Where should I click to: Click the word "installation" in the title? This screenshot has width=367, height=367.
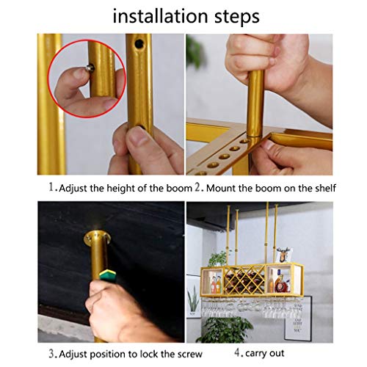[x=160, y=16]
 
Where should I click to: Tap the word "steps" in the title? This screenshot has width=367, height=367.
[x=237, y=17]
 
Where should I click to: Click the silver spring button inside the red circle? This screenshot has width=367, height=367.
[x=90, y=68]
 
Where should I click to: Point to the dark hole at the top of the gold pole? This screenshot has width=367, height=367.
[x=139, y=43]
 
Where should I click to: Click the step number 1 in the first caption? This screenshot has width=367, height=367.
[x=51, y=187]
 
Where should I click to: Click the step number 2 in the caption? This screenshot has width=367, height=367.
[x=198, y=187]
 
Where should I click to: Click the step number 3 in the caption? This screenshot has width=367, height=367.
[x=51, y=354]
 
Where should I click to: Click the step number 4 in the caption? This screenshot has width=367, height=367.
[x=237, y=352]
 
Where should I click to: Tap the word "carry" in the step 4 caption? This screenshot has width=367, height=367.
[x=256, y=354]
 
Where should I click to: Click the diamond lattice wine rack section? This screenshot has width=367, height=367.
[x=244, y=280]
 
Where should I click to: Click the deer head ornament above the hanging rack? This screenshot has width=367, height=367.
[x=284, y=255]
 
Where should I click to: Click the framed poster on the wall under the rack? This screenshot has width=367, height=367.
[x=298, y=318]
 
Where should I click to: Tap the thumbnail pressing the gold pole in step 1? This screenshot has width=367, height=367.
[x=138, y=137]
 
